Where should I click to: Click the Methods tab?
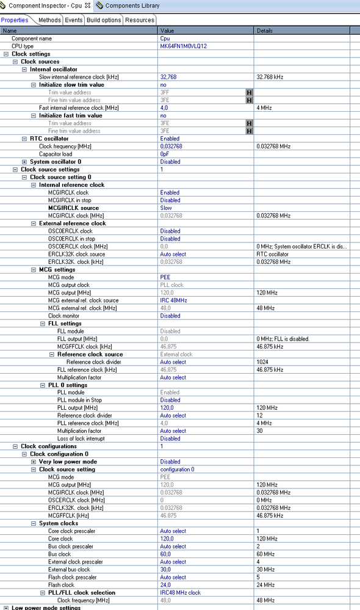coord(49,20)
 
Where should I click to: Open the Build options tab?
coord(104,20)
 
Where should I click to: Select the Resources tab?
coord(140,20)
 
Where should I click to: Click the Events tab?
coord(74,20)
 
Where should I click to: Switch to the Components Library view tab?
coord(132,5)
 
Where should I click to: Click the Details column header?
coord(265,31)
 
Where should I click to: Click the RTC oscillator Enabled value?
coord(170,139)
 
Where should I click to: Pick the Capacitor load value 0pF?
coord(165,154)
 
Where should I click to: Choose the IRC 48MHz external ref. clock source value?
coord(173,300)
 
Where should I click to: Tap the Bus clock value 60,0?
coord(165,554)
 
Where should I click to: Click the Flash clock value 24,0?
coord(165,584)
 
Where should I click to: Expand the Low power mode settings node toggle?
coord(6,608)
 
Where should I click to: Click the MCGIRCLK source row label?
coord(73,208)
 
